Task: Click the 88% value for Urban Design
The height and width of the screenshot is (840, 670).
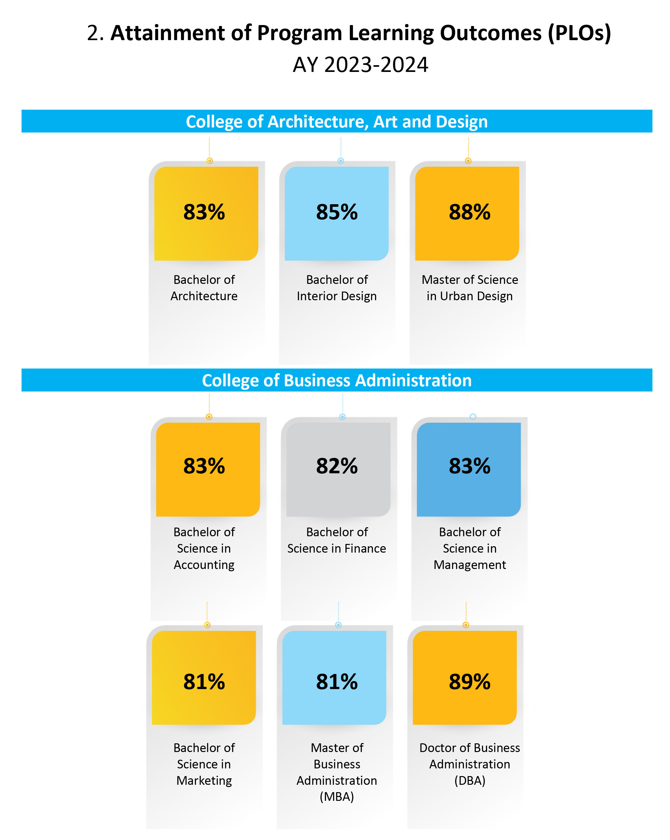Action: [x=469, y=212]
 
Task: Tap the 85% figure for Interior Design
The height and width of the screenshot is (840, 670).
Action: [x=337, y=212]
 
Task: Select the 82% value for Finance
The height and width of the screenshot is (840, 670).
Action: [x=337, y=466]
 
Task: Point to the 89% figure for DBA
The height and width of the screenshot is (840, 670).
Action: [x=469, y=682]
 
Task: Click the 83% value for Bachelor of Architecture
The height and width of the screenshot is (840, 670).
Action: [x=204, y=212]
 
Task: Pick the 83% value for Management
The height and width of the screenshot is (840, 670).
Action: [x=469, y=466]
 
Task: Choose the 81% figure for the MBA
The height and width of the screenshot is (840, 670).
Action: [x=337, y=682]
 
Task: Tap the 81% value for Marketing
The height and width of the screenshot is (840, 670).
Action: [x=204, y=682]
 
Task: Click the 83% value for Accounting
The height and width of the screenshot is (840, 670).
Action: [x=204, y=466]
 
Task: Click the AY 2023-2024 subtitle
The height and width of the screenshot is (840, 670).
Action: [x=360, y=65]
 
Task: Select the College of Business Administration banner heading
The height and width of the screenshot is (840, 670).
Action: [x=337, y=381]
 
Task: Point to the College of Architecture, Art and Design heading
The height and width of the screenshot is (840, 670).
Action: [x=337, y=122]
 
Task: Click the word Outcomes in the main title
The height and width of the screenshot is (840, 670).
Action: [x=491, y=33]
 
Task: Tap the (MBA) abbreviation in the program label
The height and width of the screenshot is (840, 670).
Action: [x=337, y=797]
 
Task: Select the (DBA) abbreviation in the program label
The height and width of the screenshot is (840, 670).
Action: [x=469, y=780]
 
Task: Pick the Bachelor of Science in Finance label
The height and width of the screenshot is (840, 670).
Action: [x=337, y=540]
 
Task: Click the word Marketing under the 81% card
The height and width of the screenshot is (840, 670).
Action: [x=204, y=780]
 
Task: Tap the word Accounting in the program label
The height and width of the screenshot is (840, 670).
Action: [x=204, y=564]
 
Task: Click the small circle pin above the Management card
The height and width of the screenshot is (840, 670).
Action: [x=473, y=417]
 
